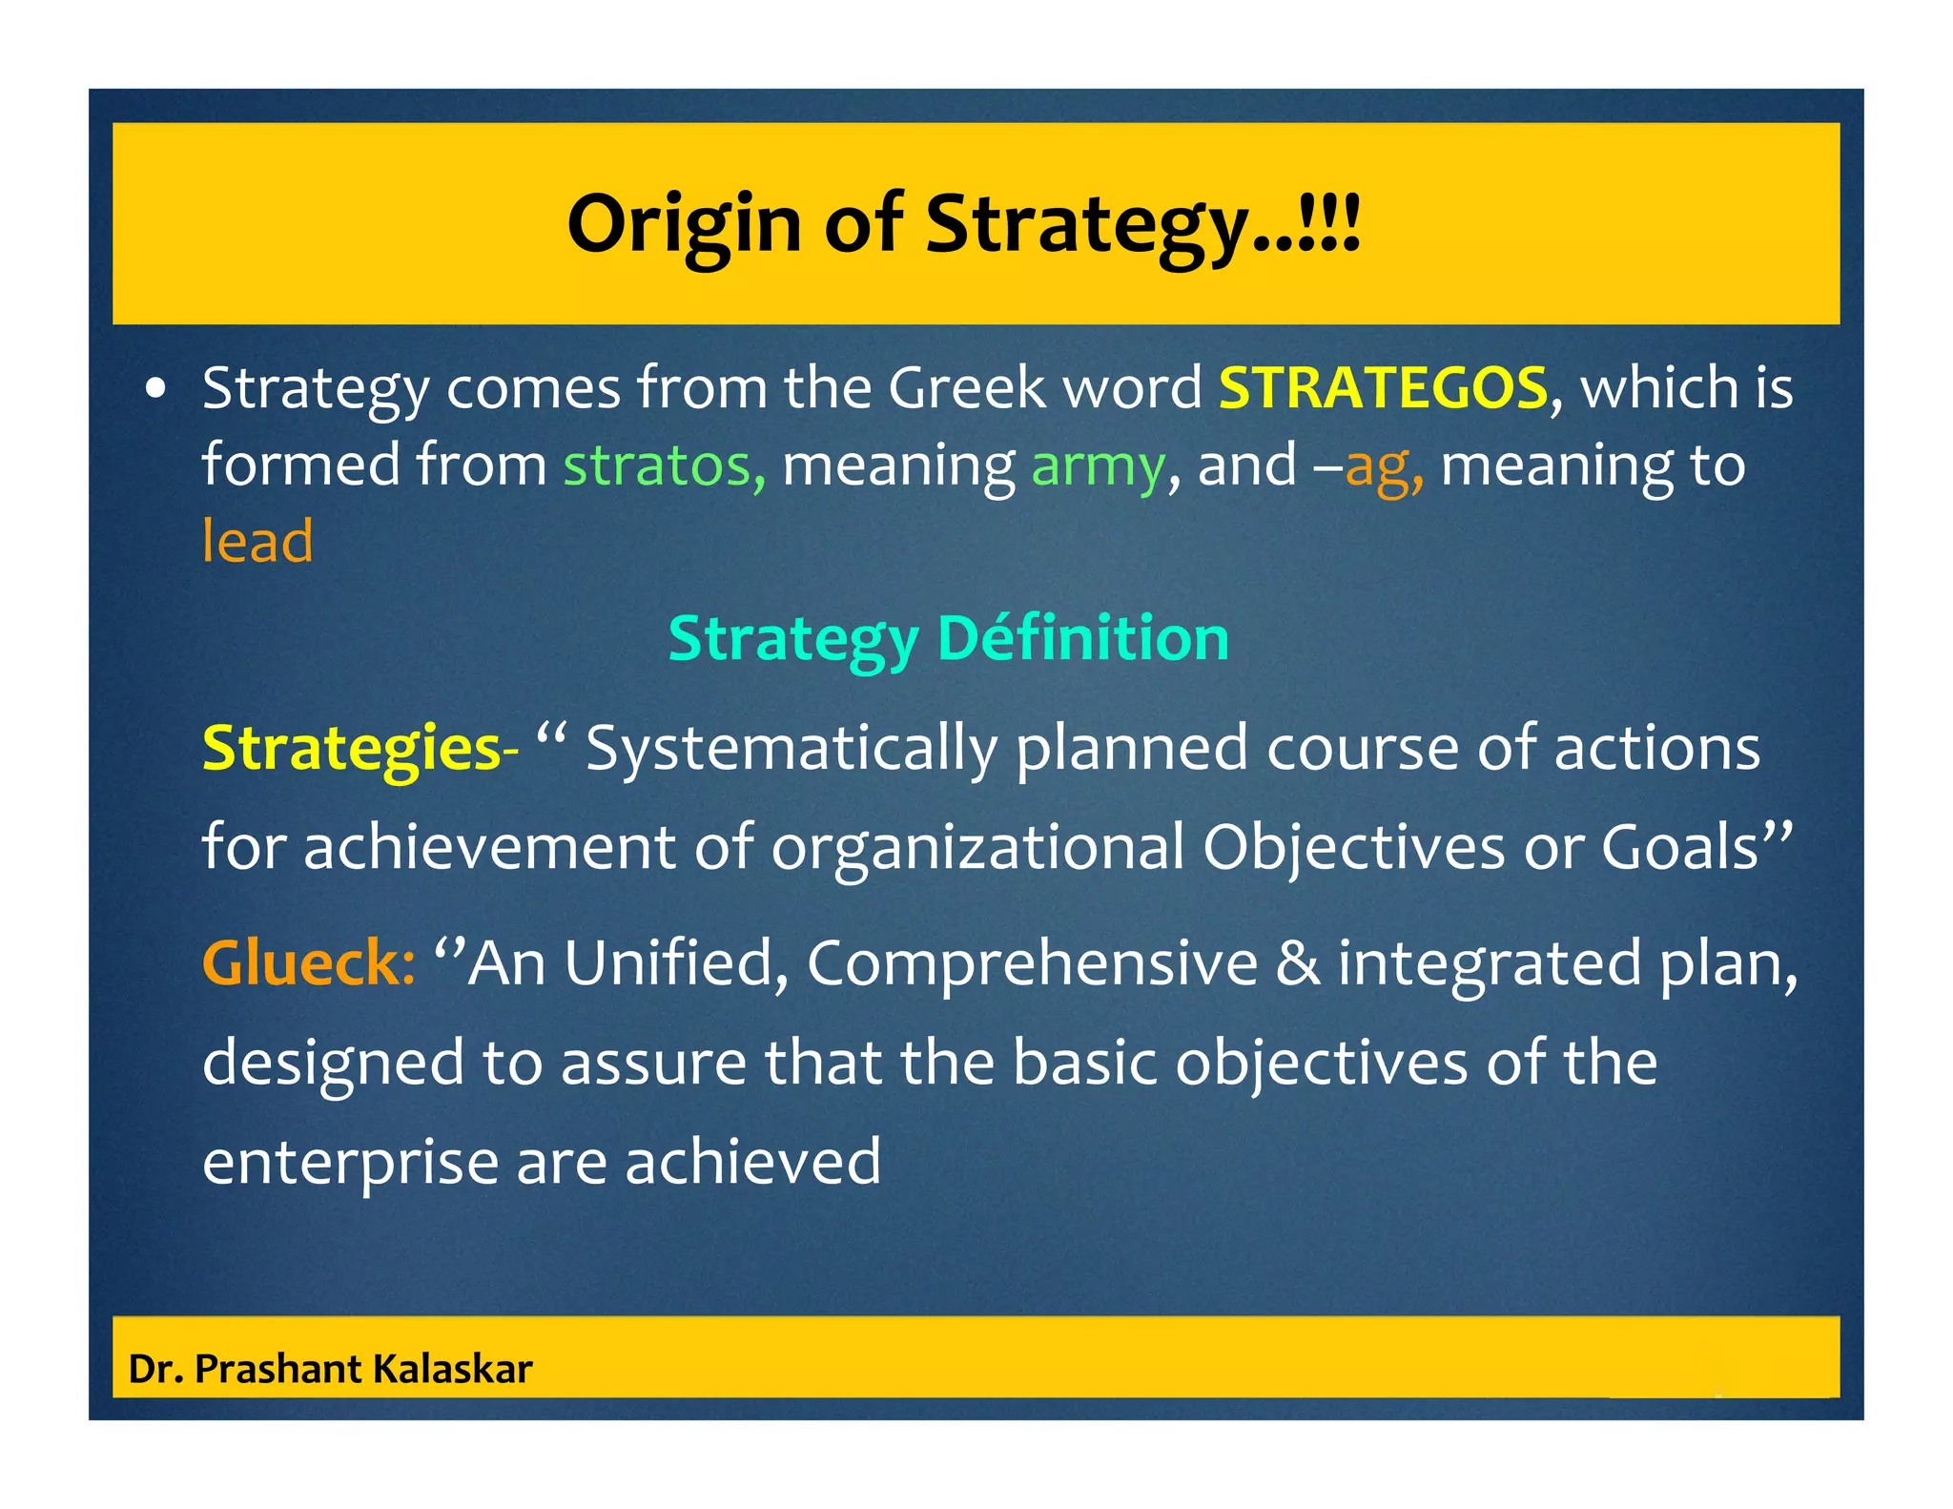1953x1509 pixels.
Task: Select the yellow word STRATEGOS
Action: tap(1383, 388)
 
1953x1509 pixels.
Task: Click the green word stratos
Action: tap(664, 465)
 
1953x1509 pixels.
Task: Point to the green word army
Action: tap(1098, 466)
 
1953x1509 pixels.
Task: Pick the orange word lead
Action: tap(257, 541)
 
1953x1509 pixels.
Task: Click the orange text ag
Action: tap(1383, 466)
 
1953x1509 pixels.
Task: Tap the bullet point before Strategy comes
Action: tap(157, 390)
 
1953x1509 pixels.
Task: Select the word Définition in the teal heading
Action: tap(1083, 638)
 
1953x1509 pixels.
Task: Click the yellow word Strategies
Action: tap(351, 749)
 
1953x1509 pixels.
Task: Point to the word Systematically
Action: tap(791, 749)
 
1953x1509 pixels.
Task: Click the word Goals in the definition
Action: tap(1678, 847)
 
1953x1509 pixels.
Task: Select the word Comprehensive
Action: tap(1032, 962)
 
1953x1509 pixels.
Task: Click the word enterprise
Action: tap(350, 1163)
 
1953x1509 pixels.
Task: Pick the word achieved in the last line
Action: tap(752, 1161)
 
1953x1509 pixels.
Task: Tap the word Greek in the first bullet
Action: tap(966, 388)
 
